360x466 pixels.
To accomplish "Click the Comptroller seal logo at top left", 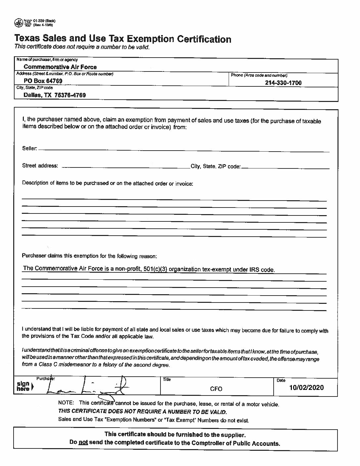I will [x=19, y=23].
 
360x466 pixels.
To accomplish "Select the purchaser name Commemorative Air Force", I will [x=60, y=67].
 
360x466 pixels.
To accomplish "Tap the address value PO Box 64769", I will [x=43, y=81].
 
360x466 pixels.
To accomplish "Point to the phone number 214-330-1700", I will [x=283, y=83].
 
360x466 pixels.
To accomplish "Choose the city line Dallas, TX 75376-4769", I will [x=55, y=95].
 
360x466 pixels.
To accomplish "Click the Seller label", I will [x=29, y=148].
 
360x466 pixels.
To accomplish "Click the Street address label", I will [x=40, y=165].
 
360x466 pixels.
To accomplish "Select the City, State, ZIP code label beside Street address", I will [x=215, y=166].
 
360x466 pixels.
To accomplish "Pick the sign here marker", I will [x=23, y=386].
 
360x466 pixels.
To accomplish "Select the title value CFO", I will [x=216, y=389].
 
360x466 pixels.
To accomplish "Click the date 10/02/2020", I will [x=306, y=388].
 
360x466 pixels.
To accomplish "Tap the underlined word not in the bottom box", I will [x=83, y=443].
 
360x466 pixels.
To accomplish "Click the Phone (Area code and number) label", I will [x=259, y=75].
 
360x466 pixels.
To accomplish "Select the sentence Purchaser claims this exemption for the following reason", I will [x=89, y=256].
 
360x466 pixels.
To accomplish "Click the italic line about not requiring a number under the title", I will [x=82, y=47].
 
